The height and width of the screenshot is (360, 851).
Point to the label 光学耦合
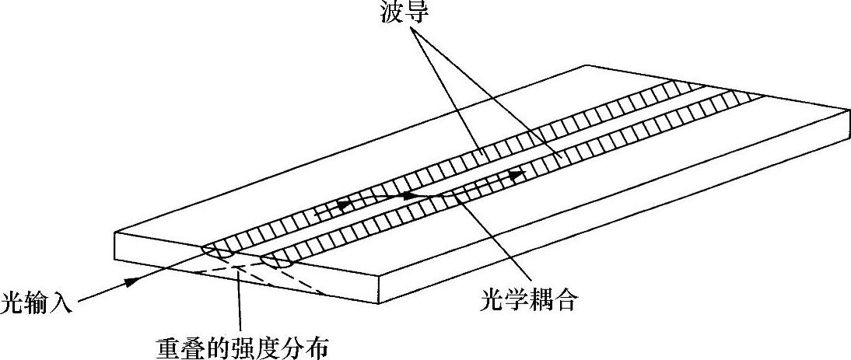[529, 300]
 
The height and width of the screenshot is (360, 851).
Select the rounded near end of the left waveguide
[217, 251]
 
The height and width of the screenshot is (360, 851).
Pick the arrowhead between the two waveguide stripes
[411, 196]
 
